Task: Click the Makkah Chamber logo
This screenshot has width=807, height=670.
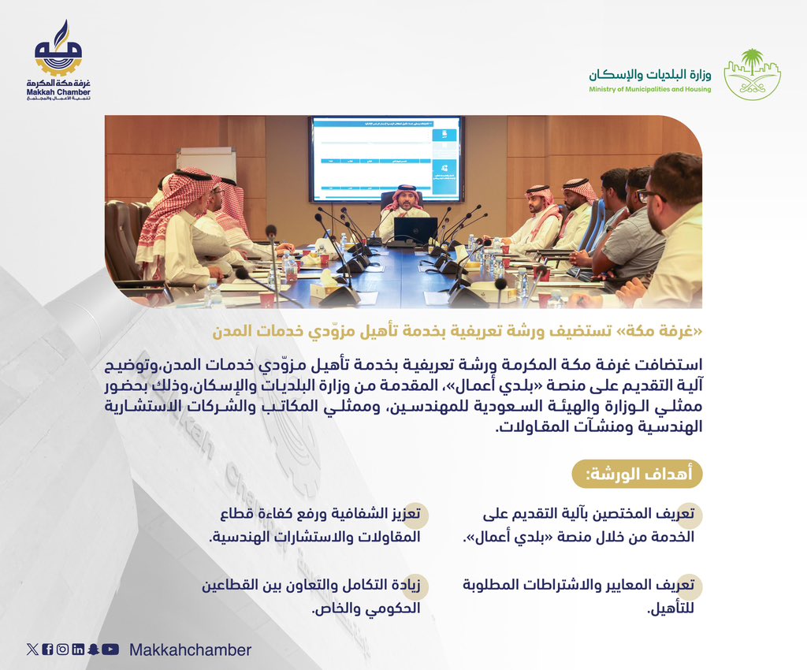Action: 63,64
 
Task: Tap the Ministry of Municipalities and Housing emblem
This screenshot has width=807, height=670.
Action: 752,74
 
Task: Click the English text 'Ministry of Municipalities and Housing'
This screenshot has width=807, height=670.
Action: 649,90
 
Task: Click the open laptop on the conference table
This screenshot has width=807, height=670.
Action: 415,230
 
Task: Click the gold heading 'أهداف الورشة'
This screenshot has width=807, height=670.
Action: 636,475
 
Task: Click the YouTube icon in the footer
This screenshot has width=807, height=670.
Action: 111,650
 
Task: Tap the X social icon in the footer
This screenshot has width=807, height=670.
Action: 32,650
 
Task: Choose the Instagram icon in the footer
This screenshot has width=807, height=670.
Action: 62,650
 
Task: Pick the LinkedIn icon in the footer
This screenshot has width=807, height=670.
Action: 78,650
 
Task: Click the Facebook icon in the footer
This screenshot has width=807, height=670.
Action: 47,650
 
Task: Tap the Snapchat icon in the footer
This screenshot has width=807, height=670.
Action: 94,650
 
